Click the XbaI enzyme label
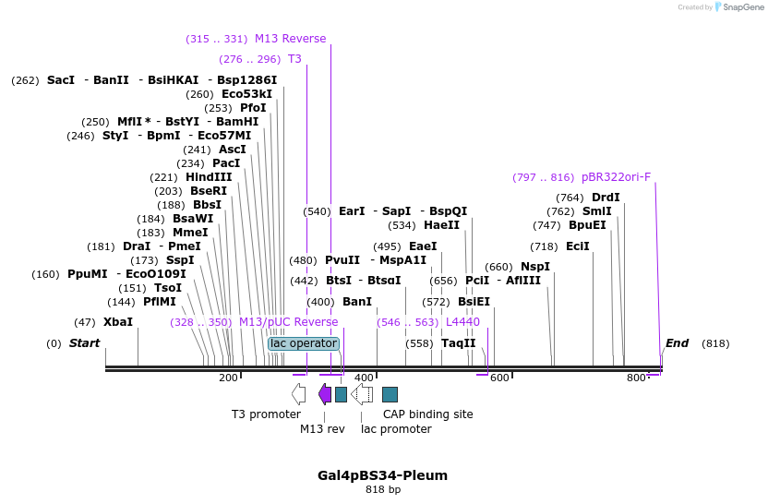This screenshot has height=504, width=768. tap(117, 322)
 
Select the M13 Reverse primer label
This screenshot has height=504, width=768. tap(290, 39)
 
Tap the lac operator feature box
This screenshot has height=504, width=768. tap(304, 343)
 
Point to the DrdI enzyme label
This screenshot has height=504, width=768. tap(606, 198)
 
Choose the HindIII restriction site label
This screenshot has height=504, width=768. tap(209, 177)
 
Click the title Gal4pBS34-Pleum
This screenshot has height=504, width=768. tap(383, 475)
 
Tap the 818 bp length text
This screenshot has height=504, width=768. tap(383, 490)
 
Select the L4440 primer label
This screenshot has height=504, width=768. tap(462, 322)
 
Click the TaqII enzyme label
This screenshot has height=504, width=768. tap(458, 343)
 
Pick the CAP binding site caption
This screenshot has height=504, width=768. tap(428, 414)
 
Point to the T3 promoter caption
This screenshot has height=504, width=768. tap(266, 414)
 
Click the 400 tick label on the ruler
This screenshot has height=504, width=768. tap(365, 378)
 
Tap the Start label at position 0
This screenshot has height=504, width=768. tap(84, 343)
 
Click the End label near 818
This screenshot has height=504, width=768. tap(677, 343)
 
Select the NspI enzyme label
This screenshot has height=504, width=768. tap(535, 267)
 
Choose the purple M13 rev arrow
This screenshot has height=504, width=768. tap(325, 394)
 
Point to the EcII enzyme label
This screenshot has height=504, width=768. tap(578, 246)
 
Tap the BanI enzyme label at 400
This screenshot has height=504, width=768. tap(356, 302)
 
